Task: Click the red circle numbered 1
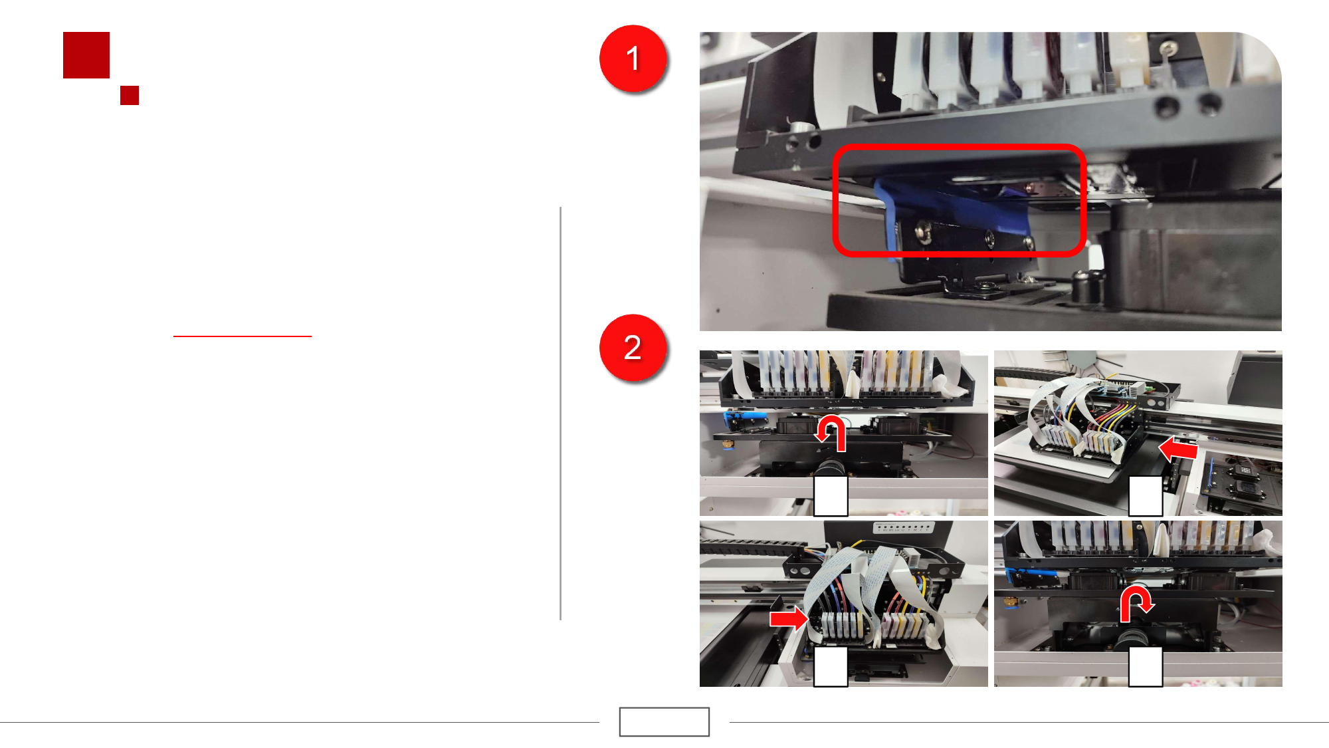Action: point(633,59)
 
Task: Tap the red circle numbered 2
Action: point(633,348)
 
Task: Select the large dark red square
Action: point(86,55)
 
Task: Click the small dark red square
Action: point(130,95)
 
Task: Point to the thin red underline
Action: point(243,336)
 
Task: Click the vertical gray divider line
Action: point(561,414)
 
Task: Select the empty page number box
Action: point(664,721)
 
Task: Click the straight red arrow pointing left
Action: point(1178,449)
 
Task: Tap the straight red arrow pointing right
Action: point(789,619)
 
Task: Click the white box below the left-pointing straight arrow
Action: point(1146,496)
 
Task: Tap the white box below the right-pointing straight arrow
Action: point(831,667)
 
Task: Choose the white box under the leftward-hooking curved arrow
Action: point(831,496)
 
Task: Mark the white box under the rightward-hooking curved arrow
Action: point(1146,667)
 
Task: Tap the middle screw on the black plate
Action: point(989,237)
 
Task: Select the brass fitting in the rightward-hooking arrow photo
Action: point(1011,602)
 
